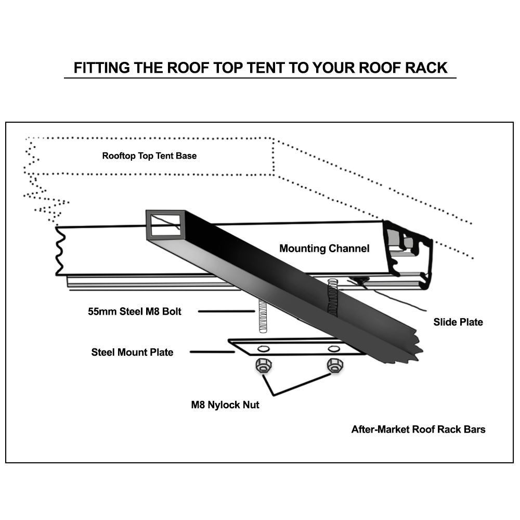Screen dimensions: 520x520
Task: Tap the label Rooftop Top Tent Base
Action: click(x=149, y=155)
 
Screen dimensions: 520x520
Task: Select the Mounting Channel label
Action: click(x=324, y=249)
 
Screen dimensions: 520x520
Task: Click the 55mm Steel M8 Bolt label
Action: click(x=135, y=311)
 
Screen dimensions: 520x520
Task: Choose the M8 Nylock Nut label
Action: click(x=225, y=405)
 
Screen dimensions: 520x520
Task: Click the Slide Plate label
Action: click(x=458, y=322)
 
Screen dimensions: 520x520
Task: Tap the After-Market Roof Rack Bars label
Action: click(x=418, y=429)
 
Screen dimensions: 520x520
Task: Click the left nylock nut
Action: click(x=262, y=367)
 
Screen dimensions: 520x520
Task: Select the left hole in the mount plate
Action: click(x=264, y=348)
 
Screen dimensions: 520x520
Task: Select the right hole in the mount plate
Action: click(x=333, y=347)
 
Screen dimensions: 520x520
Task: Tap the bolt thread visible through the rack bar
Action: click(x=332, y=296)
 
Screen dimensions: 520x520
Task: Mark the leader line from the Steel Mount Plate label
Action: click(x=212, y=352)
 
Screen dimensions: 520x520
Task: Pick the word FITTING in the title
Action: click(x=102, y=68)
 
